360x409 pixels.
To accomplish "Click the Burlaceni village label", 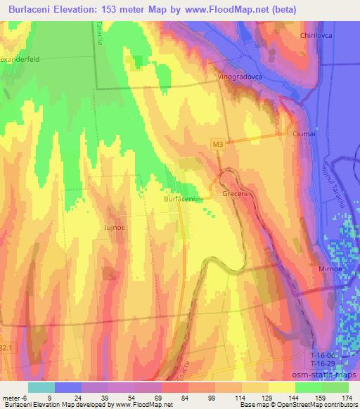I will click(179, 200).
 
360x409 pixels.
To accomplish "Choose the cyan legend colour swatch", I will click(42, 387).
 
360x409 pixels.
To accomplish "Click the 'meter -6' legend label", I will click(15, 396).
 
